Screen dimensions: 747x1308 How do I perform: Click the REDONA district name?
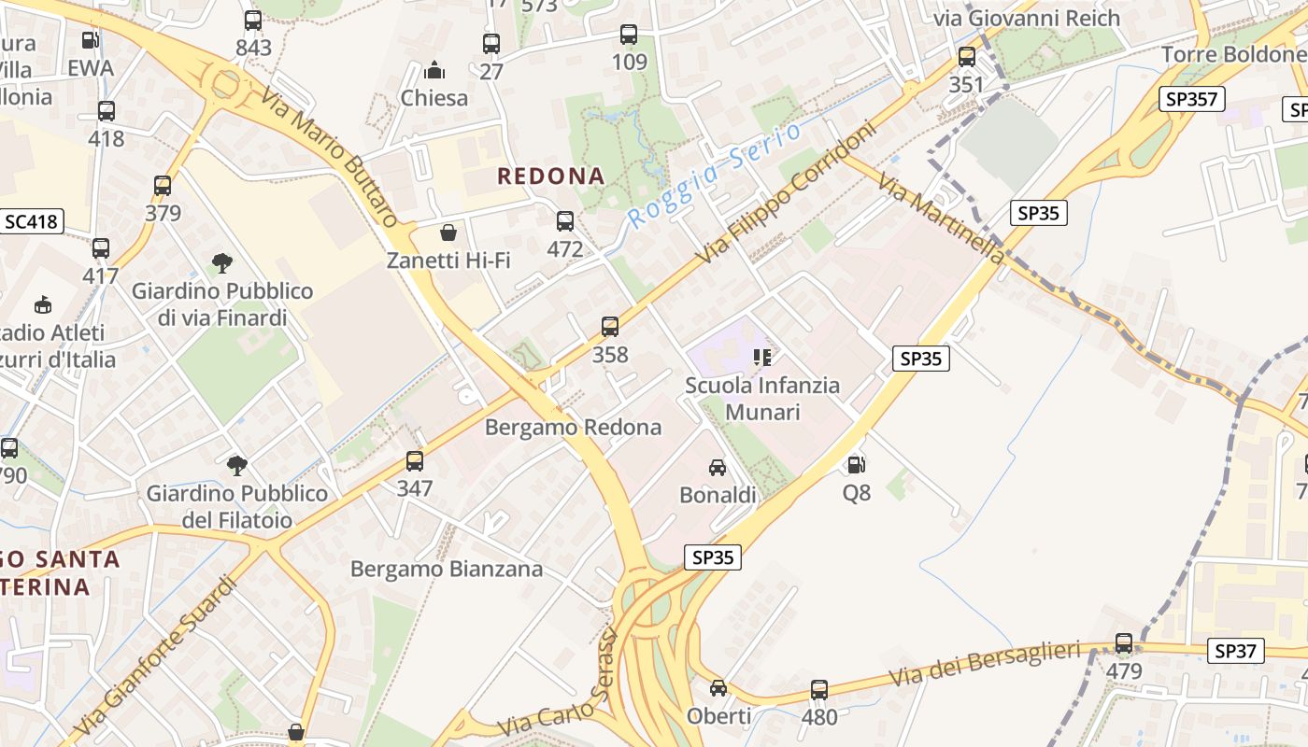point(551,176)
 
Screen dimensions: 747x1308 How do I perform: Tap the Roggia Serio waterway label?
point(715,175)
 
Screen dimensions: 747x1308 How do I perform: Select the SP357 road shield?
point(1192,99)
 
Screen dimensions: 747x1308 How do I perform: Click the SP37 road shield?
point(1236,651)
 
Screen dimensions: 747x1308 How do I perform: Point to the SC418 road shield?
point(32,221)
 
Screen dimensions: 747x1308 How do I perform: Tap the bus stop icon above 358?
point(610,327)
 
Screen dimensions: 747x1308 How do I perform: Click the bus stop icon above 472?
point(565,221)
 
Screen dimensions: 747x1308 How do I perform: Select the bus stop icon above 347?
point(415,460)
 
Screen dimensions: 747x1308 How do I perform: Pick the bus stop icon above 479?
point(1124,643)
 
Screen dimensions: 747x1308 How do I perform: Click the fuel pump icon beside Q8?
point(856,464)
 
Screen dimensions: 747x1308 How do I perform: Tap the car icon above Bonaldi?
point(718,468)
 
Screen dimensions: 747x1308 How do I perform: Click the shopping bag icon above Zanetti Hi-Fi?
point(448,233)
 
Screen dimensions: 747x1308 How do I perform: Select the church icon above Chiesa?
point(434,70)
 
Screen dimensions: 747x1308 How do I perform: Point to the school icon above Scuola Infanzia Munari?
point(762,358)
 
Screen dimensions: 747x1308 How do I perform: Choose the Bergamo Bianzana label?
point(447,569)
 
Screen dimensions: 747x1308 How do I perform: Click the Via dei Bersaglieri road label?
point(985,663)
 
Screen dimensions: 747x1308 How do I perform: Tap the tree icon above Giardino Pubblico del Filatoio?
point(237,465)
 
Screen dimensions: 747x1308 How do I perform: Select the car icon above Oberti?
point(718,688)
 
